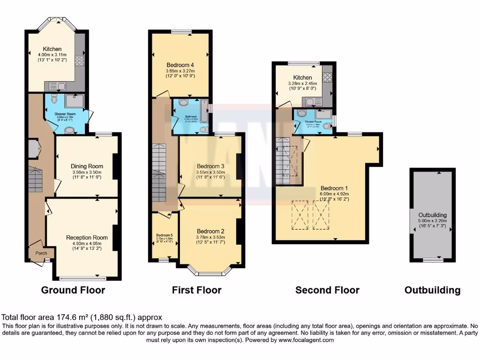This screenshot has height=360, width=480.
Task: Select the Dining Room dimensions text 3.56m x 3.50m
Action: (87, 172)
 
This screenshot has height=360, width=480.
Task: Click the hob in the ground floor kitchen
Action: (80, 60)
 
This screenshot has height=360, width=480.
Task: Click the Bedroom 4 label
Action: (180, 65)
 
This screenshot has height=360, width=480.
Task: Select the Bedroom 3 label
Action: (210, 166)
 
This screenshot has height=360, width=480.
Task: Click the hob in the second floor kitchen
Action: (327, 76)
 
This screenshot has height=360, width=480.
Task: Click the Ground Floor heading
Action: (73, 290)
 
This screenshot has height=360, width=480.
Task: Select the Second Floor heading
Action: (327, 290)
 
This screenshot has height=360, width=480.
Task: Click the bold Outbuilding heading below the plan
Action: (432, 290)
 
